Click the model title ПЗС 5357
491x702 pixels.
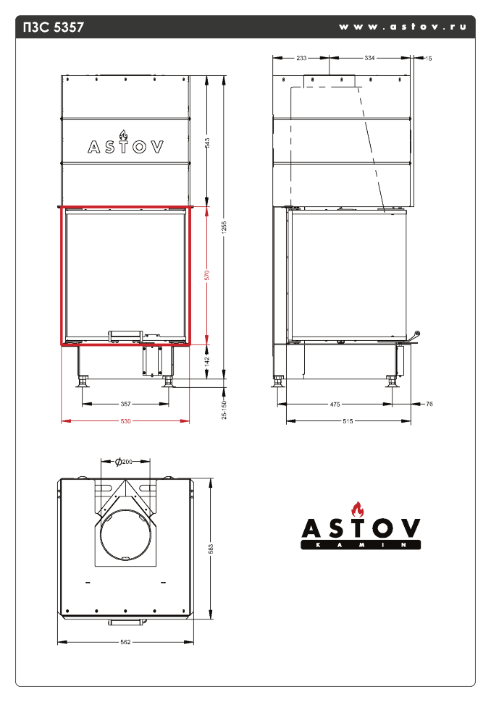(54, 28)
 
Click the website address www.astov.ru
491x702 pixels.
(401, 27)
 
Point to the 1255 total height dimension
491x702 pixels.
(224, 226)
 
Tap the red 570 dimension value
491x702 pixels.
(207, 274)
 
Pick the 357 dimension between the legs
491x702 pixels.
(125, 404)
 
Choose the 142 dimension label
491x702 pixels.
(207, 360)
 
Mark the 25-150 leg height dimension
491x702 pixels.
(224, 409)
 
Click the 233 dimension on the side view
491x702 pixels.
(301, 58)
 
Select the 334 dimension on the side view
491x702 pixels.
(369, 58)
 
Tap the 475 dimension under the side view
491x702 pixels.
(335, 405)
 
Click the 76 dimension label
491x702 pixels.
(429, 405)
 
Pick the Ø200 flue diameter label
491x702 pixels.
(125, 462)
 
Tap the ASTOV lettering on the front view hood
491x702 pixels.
(125, 146)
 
